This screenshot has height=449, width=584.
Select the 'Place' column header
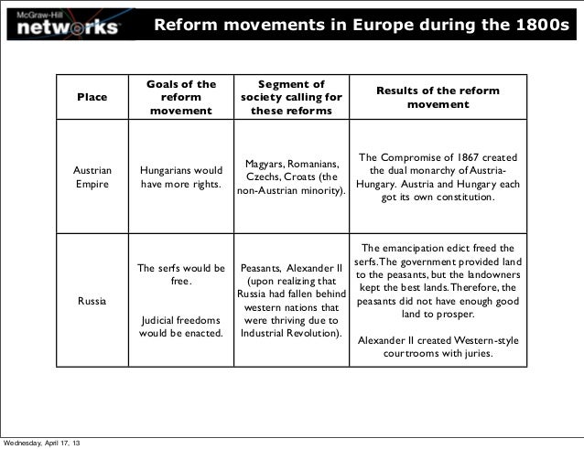[92, 98]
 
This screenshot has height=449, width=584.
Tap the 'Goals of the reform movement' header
[180, 98]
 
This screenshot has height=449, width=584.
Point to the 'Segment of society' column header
[290, 98]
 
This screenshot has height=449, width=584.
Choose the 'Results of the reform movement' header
[438, 97]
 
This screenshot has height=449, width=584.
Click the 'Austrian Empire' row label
[92, 176]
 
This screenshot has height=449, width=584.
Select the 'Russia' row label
[92, 300]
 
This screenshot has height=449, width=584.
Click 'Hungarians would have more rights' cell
[180, 176]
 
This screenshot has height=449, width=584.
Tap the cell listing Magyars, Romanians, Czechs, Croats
[290, 177]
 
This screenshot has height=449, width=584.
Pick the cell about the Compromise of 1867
[438, 176]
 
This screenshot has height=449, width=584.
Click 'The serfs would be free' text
[180, 275]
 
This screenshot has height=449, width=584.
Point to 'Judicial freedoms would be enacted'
[180, 326]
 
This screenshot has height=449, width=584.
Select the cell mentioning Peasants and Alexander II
[290, 301]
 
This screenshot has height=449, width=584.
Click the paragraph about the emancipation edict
[438, 281]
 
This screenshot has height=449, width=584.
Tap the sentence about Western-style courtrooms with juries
[438, 347]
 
